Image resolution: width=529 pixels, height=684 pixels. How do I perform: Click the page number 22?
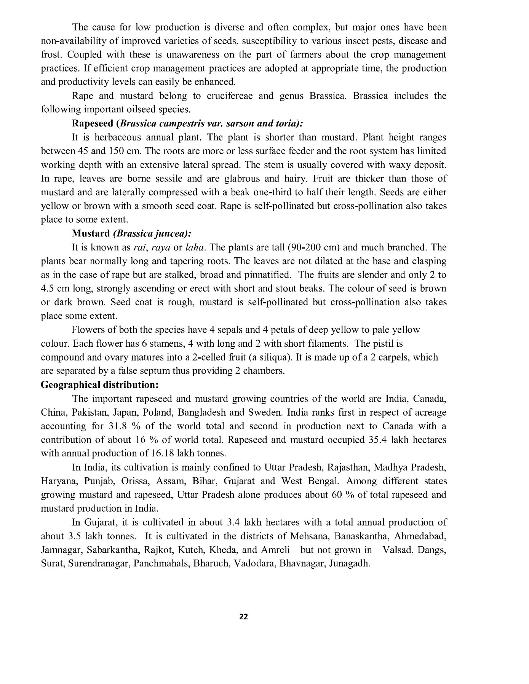(243, 617)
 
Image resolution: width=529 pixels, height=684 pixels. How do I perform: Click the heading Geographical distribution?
(99, 385)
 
